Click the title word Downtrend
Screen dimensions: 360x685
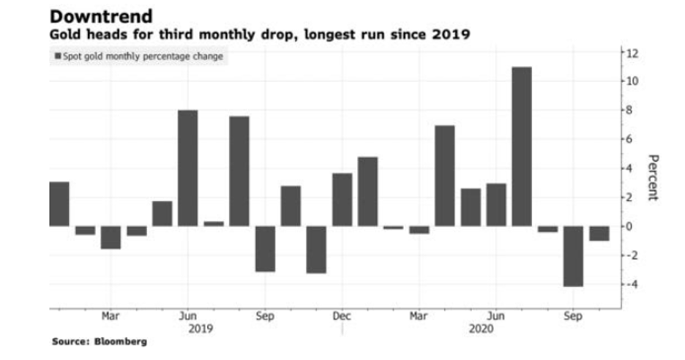point(102,16)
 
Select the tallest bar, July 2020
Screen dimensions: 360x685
point(522,146)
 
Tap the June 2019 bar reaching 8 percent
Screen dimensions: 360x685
point(188,168)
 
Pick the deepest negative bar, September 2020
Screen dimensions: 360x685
point(573,255)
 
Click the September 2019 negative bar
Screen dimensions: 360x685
point(265,248)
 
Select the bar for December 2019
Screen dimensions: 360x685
point(342,199)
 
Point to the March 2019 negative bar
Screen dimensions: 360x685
point(111,237)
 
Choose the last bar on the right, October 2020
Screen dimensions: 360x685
point(599,233)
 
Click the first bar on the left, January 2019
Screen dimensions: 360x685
point(59,203)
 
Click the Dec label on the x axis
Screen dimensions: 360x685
point(342,316)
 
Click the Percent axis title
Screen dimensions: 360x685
point(653,177)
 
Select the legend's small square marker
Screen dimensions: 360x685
point(57,56)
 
